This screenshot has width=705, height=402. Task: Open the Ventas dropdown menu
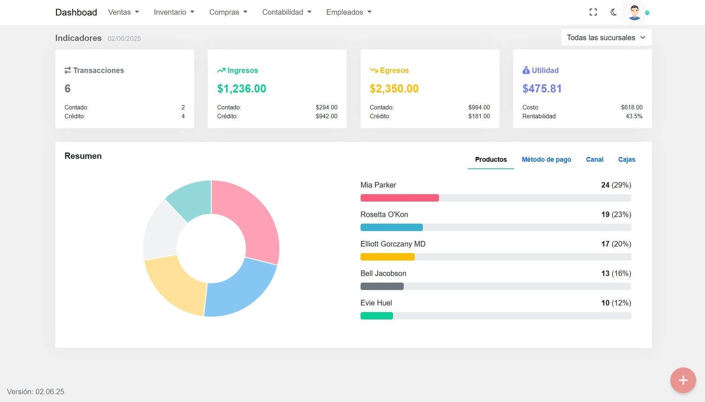click(x=123, y=12)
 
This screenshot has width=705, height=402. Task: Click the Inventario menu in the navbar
click(x=174, y=12)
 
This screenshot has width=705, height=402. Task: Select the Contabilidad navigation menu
click(x=286, y=12)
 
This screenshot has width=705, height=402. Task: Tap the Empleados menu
click(x=349, y=12)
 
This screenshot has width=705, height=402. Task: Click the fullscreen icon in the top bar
click(x=593, y=12)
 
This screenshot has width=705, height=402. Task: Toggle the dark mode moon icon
click(x=613, y=12)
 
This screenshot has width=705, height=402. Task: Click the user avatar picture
click(x=634, y=12)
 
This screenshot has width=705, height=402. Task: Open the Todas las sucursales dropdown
click(x=606, y=38)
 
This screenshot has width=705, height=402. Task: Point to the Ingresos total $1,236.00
click(x=241, y=89)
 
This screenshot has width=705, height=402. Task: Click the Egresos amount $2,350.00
click(x=394, y=89)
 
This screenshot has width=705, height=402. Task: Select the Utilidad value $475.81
click(x=542, y=89)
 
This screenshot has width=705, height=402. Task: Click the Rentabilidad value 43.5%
click(x=634, y=116)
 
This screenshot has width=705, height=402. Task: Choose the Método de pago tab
click(x=546, y=160)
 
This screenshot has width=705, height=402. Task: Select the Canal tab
click(x=594, y=160)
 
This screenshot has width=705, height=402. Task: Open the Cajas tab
click(x=627, y=160)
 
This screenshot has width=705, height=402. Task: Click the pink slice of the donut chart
click(x=251, y=216)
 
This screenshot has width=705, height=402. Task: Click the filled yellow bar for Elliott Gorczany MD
click(x=387, y=257)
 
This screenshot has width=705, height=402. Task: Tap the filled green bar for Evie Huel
click(x=376, y=316)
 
